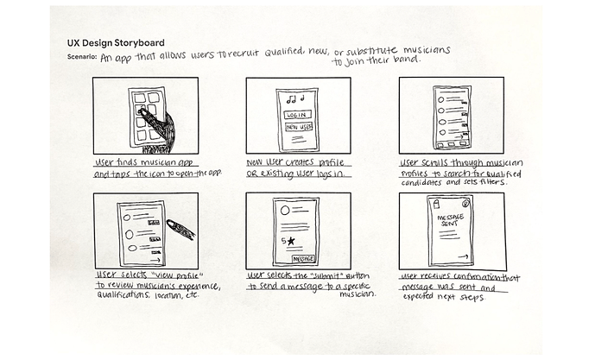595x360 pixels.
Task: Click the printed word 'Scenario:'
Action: [x=82, y=56]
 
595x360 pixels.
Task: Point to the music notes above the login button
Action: [x=296, y=98]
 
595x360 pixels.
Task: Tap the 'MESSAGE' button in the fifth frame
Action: [x=303, y=257]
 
